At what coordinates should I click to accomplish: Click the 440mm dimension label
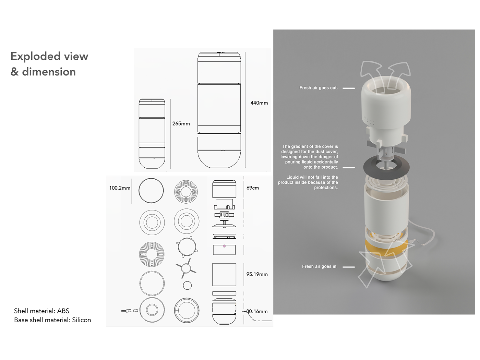tap(259, 103)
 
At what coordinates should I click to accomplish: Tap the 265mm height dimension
tap(181, 123)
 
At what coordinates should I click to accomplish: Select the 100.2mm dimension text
tap(120, 188)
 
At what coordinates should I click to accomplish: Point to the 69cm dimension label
tap(253, 188)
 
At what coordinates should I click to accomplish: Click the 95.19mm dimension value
tap(257, 274)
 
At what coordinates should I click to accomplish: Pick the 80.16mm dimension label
tap(257, 311)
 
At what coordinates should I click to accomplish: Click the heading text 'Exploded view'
tap(49, 56)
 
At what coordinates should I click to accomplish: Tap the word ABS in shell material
tap(63, 311)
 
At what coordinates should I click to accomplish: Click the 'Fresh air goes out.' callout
tap(319, 88)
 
